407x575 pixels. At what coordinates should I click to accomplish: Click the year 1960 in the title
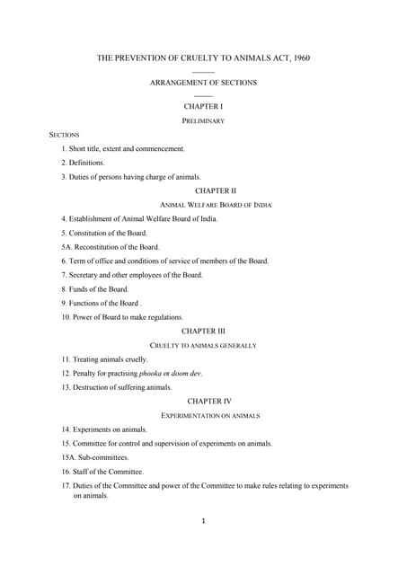300,58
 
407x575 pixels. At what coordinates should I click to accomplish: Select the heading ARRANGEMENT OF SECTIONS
203,83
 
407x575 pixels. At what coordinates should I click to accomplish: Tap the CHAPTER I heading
203,106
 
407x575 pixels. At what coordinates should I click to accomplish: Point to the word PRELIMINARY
203,120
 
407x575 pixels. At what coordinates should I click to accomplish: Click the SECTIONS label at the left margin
65,134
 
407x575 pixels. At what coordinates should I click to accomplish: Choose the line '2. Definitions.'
83,163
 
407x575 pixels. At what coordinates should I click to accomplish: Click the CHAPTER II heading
203,190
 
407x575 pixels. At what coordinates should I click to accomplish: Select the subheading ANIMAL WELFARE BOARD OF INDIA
203,205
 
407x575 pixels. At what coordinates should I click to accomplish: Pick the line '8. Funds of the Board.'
95,289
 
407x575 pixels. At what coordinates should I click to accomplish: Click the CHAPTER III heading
203,332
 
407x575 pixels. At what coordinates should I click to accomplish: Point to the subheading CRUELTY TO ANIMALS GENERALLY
203,345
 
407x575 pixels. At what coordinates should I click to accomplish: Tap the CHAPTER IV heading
203,402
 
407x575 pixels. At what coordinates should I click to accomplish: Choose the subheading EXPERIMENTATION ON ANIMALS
203,416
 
